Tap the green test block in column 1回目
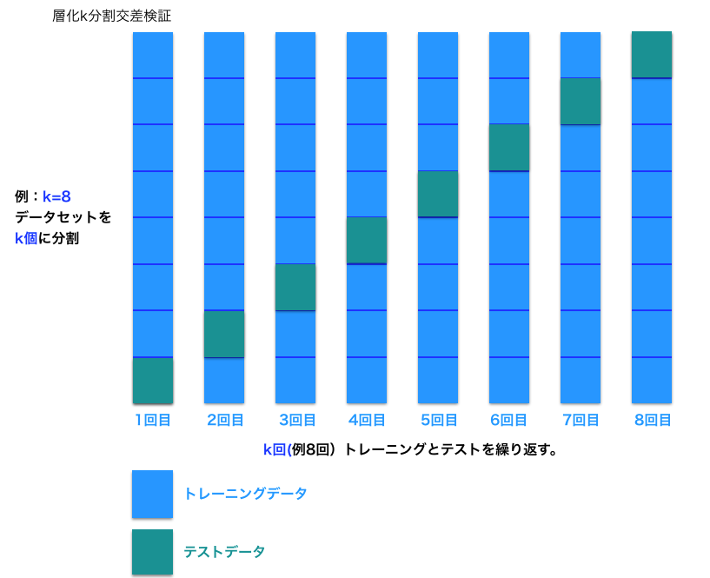pyautogui.click(x=153, y=380)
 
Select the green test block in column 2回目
pyautogui.click(x=224, y=334)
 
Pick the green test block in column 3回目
pyautogui.click(x=295, y=287)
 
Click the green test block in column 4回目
pyautogui.click(x=367, y=240)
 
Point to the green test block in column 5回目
pyautogui.click(x=438, y=194)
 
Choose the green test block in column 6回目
pyautogui.click(x=509, y=147)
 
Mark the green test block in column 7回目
pyautogui.click(x=581, y=101)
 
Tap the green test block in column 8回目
pyautogui.click(x=652, y=55)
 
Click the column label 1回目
pyautogui.click(x=153, y=421)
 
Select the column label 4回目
pyautogui.click(x=367, y=421)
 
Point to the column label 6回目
pyautogui.click(x=509, y=421)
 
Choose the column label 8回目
pyautogui.click(x=652, y=421)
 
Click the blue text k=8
pyautogui.click(x=61, y=196)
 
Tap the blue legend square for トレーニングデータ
pyautogui.click(x=152, y=494)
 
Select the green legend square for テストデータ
pyautogui.click(x=152, y=551)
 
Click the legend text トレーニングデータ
pyautogui.click(x=245, y=494)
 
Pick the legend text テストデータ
pyautogui.click(x=224, y=551)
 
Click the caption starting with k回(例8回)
pyautogui.click(x=410, y=449)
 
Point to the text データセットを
pyautogui.click(x=63, y=216)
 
